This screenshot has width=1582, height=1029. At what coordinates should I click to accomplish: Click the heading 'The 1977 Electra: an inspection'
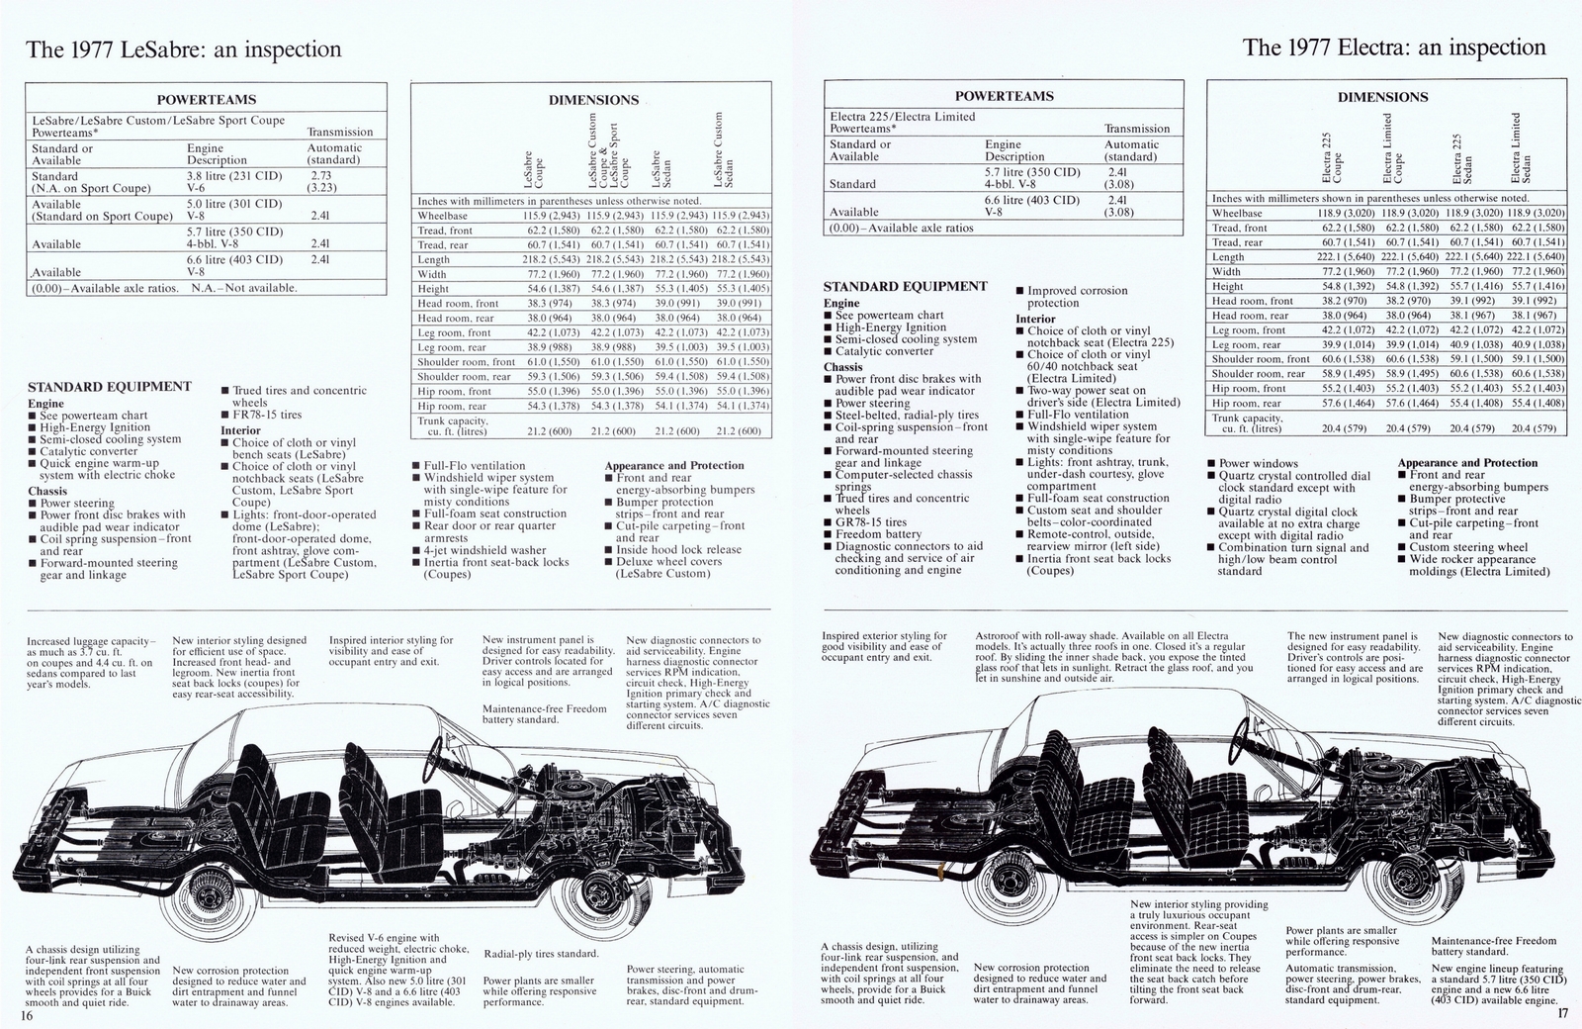click(1394, 47)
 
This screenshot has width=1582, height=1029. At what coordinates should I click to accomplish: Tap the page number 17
click(1563, 1012)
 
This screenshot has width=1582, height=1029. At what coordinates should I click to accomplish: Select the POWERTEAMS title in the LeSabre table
click(207, 99)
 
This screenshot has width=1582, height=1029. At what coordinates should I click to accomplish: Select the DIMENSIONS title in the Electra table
click(1382, 97)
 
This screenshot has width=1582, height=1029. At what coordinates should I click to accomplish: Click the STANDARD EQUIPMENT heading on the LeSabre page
click(110, 387)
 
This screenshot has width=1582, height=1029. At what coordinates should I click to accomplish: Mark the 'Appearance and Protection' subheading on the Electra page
click(1467, 462)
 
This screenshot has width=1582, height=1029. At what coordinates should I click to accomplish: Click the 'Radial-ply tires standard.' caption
click(541, 954)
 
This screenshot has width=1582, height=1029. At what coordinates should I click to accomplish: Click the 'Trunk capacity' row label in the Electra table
click(1248, 422)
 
